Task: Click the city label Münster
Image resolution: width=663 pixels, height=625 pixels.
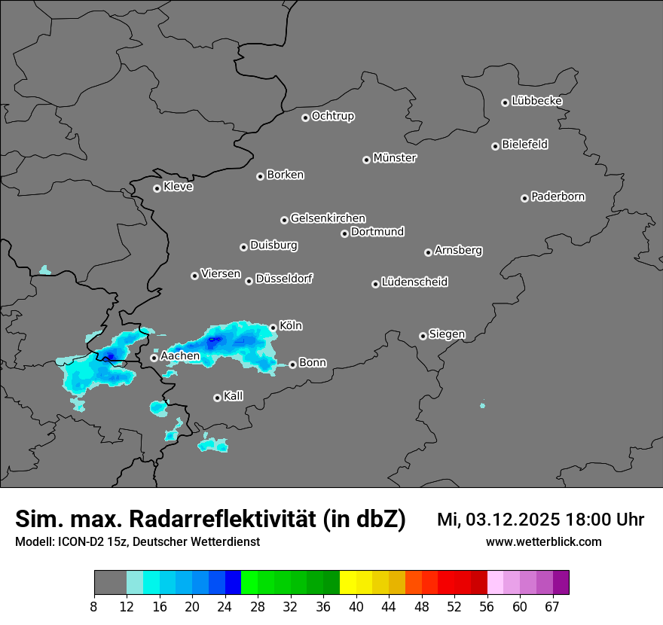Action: click(395, 158)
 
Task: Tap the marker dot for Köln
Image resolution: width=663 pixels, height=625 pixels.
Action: click(273, 328)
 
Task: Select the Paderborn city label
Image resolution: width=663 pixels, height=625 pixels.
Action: click(558, 197)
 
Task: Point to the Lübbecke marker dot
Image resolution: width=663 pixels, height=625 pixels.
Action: click(505, 102)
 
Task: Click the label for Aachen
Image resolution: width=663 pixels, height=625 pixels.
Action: click(180, 355)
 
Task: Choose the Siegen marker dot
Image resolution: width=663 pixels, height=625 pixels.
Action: click(423, 336)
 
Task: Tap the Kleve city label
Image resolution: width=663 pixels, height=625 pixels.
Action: click(178, 187)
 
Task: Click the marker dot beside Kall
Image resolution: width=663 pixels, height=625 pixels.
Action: click(217, 398)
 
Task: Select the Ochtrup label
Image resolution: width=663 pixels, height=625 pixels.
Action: click(332, 116)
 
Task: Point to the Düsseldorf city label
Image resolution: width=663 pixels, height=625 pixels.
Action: click(284, 279)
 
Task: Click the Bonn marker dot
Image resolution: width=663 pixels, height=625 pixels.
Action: click(292, 365)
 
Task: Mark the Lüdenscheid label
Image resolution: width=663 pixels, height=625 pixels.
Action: click(414, 282)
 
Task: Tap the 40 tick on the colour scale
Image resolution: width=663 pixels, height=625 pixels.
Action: click(356, 606)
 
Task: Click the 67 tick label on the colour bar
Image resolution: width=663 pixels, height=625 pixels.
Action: click(553, 606)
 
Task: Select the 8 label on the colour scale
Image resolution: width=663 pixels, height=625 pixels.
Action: click(94, 606)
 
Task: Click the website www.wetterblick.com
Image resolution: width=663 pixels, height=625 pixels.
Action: click(543, 542)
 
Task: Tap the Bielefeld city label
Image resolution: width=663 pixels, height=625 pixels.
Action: click(524, 145)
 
